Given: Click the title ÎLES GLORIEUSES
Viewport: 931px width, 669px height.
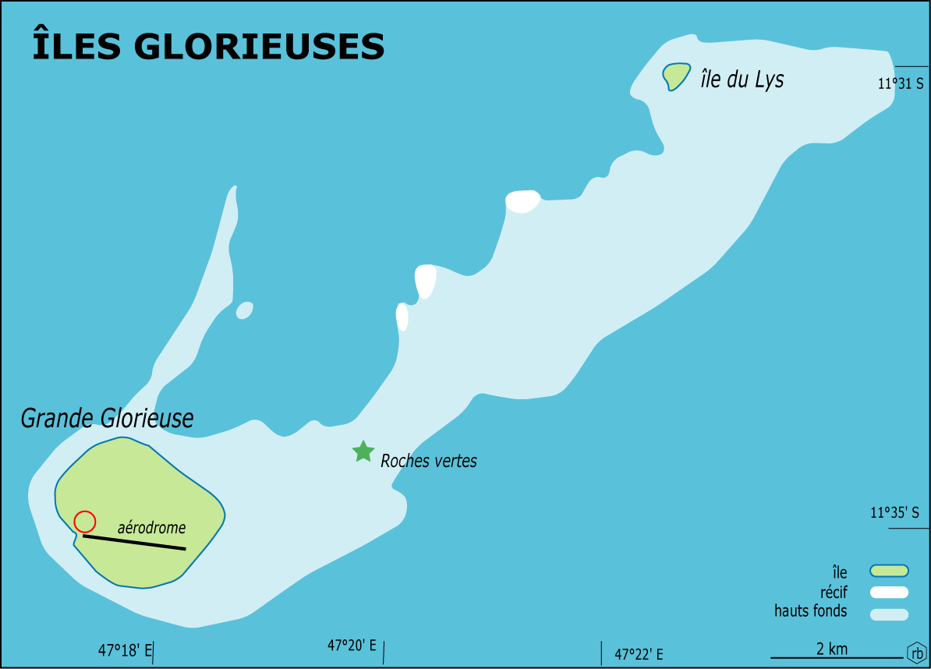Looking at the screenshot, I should point(208,47).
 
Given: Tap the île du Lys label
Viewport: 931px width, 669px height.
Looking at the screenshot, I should point(742,80).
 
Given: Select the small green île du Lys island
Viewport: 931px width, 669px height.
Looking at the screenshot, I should point(675,76).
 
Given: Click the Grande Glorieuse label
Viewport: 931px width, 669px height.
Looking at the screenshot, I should point(107,419).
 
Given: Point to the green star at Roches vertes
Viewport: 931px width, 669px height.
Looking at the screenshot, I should point(363,451).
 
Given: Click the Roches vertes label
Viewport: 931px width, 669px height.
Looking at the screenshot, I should point(428,461).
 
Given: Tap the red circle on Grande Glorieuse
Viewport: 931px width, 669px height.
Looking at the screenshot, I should point(84,521).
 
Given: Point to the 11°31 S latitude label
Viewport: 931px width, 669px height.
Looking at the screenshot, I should point(901,83).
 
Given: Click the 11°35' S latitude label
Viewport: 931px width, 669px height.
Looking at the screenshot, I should point(894,513).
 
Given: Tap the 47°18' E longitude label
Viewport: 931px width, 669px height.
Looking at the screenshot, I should point(125,649).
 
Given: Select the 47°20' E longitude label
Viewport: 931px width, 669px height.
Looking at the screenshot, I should point(352,646).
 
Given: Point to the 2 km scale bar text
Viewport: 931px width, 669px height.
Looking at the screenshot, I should point(832,649).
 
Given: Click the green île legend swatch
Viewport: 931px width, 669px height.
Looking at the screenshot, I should point(889,571).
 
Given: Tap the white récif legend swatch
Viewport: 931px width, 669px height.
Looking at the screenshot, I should point(889,593).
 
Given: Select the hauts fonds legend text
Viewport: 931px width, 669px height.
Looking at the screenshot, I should point(810,611).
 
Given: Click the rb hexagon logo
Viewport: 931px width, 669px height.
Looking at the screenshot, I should point(916,653).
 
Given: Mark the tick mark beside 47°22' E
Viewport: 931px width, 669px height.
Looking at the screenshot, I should point(601,653).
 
